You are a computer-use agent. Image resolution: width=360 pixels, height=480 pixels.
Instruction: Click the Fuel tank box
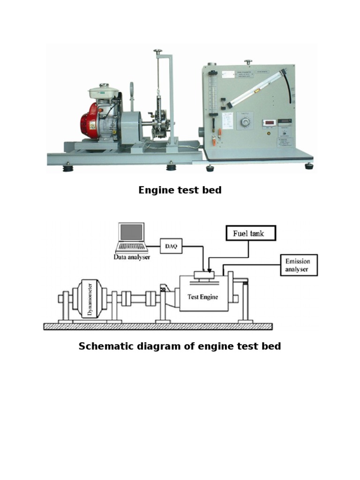pos(251,233)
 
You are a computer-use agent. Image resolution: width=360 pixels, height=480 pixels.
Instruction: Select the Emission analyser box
pos(298,265)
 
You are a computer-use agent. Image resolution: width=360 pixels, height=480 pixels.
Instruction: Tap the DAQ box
pos(171,246)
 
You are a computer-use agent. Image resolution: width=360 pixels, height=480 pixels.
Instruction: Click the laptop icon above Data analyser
pos(132,238)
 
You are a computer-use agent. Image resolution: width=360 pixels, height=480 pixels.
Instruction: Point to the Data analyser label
pos(132,257)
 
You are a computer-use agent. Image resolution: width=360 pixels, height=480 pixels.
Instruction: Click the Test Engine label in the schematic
pos(202,297)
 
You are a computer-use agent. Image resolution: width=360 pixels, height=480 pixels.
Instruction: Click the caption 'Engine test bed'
pos(180,190)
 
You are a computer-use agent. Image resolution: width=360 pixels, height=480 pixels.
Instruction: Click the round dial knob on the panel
pos(244,123)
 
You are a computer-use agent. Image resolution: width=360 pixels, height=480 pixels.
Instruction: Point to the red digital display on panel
pos(269,123)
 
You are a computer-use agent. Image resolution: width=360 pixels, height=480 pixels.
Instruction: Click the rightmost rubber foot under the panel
pos(308,166)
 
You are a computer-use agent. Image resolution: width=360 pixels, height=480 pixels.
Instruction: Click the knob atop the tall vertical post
pos(158,52)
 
